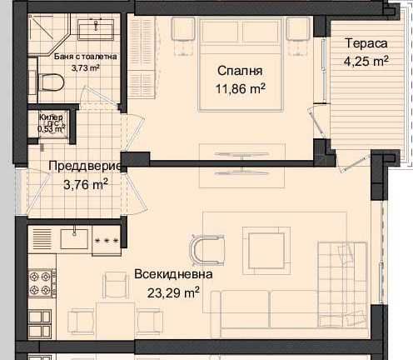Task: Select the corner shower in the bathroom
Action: (43, 31)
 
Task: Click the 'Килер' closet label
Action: (49, 118)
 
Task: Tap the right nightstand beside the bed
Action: (297, 29)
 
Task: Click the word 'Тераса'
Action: (367, 42)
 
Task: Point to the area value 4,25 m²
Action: (367, 60)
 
